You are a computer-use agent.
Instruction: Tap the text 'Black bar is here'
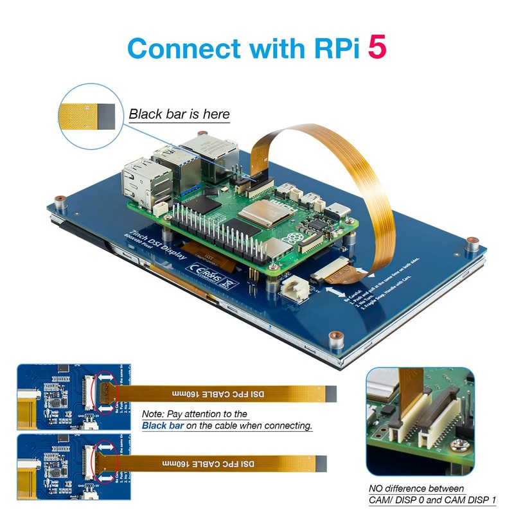click(179, 115)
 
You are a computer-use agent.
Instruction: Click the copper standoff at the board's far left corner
click(59, 198)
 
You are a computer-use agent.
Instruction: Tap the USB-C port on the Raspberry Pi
click(335, 213)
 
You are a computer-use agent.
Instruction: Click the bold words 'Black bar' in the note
click(161, 425)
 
